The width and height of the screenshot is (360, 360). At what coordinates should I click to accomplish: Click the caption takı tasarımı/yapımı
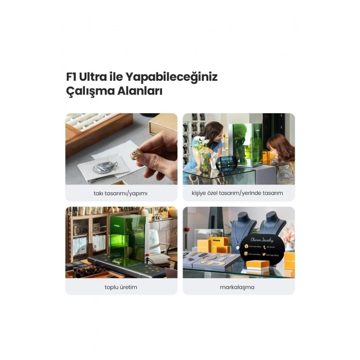pyautogui.click(x=121, y=193)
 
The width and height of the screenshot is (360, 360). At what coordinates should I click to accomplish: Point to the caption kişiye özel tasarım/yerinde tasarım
pyautogui.click(x=239, y=193)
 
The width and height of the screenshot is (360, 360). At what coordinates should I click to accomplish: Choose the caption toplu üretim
pyautogui.click(x=121, y=286)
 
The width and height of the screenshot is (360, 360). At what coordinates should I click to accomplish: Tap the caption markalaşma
pyautogui.click(x=239, y=286)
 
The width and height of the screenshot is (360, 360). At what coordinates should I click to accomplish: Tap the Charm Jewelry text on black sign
pyautogui.click(x=263, y=240)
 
